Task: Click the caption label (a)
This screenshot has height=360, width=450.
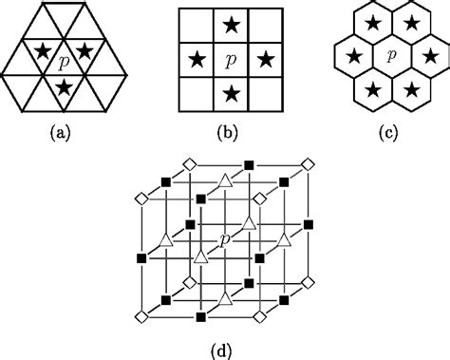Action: (x=63, y=132)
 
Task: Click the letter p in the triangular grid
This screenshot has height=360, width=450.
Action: (x=63, y=62)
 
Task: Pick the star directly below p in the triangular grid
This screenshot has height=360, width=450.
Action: (x=63, y=86)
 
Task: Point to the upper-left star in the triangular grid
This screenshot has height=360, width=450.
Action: (x=42, y=49)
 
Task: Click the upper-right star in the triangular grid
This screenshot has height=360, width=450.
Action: (x=84, y=49)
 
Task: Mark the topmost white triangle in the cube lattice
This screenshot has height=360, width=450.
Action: (x=225, y=180)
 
